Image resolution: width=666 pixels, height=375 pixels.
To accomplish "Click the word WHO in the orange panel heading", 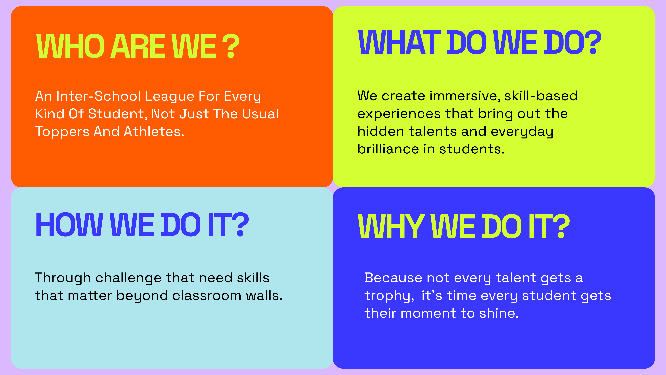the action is click(x=70, y=46).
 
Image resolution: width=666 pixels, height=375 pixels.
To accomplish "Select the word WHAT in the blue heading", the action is click(x=399, y=42).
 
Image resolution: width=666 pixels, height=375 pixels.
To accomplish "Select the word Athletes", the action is click(x=154, y=131).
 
